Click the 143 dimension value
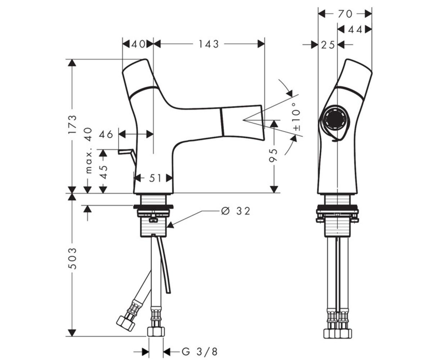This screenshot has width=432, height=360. (x=208, y=44)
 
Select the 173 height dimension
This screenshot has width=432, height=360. (x=72, y=124)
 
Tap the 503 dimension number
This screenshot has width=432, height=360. (x=72, y=258)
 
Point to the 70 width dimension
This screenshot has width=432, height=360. (x=345, y=14)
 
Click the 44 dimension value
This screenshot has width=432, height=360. (x=355, y=30)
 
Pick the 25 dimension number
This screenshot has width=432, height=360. (x=328, y=45)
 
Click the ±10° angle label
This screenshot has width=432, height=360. (x=297, y=117)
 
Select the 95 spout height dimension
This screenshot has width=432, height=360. (x=274, y=156)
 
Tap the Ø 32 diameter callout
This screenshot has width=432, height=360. (x=236, y=211)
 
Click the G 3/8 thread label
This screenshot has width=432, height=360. (x=200, y=351)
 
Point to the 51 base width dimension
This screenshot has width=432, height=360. (x=155, y=178)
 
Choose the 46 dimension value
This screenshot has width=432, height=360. (x=106, y=135)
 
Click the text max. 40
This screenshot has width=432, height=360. (x=89, y=150)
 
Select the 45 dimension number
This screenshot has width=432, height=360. (x=103, y=172)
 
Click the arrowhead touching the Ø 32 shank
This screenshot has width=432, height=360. (x=170, y=225)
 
